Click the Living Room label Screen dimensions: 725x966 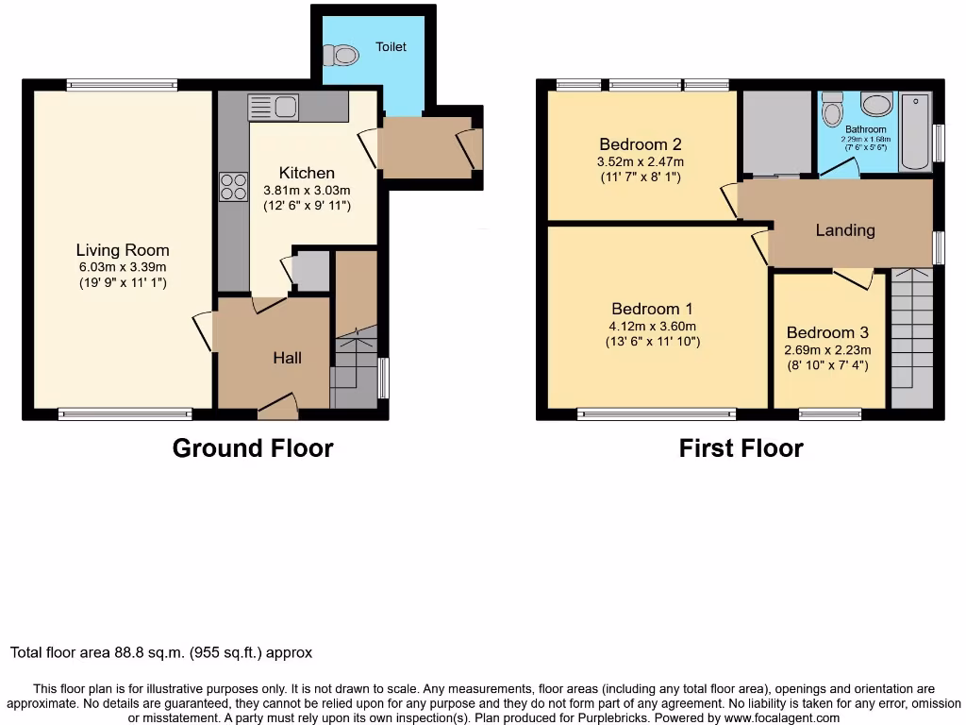point(123,250)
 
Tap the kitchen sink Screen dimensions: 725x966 point(273,108)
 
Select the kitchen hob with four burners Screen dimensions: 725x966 point(233,188)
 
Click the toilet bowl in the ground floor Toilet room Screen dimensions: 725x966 point(345,56)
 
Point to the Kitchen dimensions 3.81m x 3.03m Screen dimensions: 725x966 point(307,190)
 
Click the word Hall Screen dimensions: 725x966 point(288,358)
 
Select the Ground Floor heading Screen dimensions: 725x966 point(252,448)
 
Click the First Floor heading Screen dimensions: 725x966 point(741,448)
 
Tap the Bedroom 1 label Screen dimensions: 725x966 point(652,309)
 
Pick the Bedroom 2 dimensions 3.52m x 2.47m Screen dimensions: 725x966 point(641,161)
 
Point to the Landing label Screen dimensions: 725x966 point(844,229)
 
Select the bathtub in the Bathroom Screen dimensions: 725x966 point(914,131)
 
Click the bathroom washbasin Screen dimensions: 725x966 point(876,104)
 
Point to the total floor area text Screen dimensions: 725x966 point(160,652)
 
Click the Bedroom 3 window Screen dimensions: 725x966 point(829,413)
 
